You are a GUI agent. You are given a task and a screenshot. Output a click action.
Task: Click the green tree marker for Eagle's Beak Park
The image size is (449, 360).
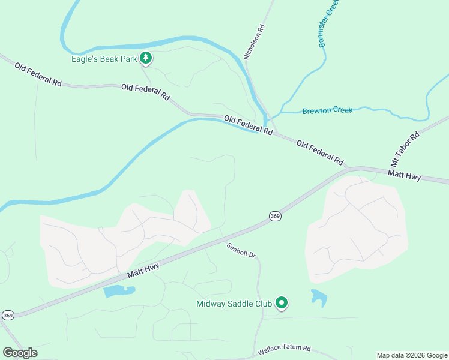point(145,58)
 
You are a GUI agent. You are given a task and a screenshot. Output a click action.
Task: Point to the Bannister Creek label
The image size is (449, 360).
point(329,23)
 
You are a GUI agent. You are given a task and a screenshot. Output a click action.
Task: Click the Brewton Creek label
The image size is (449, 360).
point(327,110)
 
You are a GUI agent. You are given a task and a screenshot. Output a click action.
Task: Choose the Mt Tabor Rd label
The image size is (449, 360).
point(404,149)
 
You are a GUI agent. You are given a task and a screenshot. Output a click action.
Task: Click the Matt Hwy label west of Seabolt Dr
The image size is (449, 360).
point(143,268)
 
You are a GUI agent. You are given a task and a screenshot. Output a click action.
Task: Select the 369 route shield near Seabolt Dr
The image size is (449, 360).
point(275,216)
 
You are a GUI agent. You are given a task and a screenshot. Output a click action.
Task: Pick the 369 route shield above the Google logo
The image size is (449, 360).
point(8,315)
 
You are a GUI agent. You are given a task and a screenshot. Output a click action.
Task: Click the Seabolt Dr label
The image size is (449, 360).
point(241,250)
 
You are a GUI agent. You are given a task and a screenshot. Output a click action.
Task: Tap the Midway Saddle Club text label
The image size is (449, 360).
point(234,304)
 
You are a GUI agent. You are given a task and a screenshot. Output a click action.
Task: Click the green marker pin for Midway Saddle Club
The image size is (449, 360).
point(281,304)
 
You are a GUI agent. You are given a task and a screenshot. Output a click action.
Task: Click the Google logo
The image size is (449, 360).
point(20,353)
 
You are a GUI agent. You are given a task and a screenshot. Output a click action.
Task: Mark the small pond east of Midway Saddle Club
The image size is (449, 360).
point(319,298)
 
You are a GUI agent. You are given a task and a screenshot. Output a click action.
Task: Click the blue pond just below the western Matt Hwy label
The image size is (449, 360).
point(119,292)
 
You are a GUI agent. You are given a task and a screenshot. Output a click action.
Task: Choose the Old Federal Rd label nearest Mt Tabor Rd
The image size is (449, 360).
point(319,153)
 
